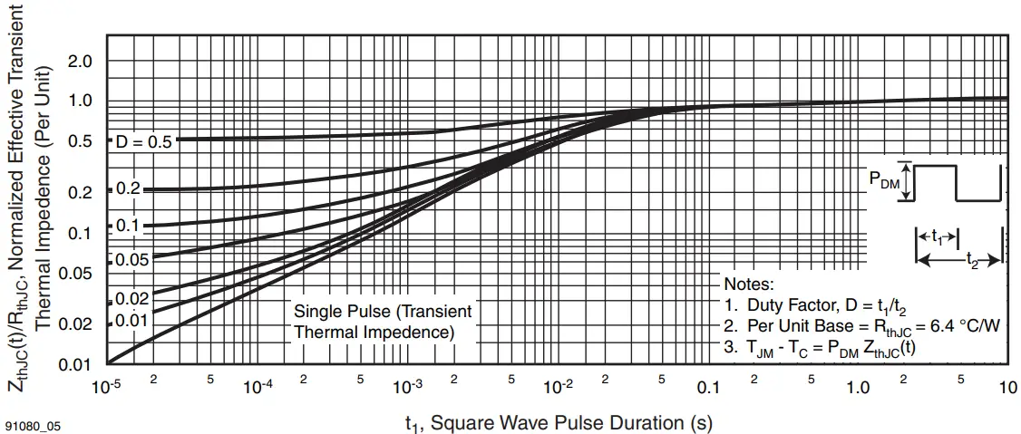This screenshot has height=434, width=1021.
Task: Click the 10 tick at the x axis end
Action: point(1007,387)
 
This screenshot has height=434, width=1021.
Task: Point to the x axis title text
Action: point(558,422)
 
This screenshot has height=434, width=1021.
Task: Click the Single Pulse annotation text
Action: point(383,322)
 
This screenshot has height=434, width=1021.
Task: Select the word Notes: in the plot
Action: point(749,285)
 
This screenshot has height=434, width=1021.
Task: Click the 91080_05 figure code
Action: point(33,424)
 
